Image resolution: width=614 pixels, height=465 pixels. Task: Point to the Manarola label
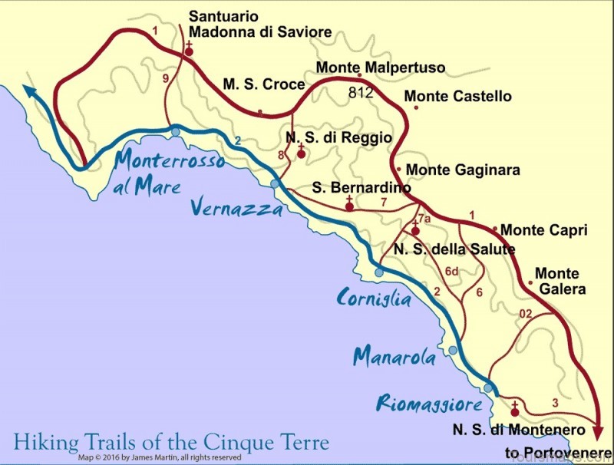(x=394, y=357)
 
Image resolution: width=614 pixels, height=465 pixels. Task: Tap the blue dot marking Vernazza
(x=276, y=184)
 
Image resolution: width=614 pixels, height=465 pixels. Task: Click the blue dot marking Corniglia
(x=379, y=272)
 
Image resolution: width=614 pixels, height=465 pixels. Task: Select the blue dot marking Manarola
(x=453, y=351)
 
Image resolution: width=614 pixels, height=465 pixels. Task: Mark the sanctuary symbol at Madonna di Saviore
(x=189, y=51)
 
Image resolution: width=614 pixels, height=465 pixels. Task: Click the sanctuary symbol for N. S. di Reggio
(x=302, y=152)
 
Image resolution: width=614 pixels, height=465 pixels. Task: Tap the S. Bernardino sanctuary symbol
(x=350, y=205)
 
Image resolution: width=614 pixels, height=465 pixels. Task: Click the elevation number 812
(x=360, y=93)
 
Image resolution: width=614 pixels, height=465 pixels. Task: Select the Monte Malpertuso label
(x=380, y=68)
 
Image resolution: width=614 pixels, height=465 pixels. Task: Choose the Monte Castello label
(x=457, y=97)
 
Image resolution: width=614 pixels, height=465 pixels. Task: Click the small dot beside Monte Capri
(x=495, y=229)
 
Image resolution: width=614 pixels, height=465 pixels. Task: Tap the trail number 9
(x=165, y=77)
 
